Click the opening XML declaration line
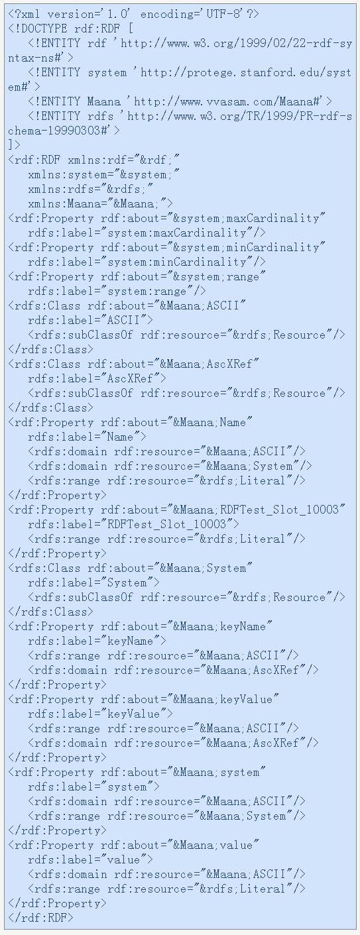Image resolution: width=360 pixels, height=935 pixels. click(x=133, y=14)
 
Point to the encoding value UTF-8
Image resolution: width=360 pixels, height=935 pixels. click(x=225, y=14)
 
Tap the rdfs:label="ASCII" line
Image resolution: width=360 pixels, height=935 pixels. click(x=90, y=320)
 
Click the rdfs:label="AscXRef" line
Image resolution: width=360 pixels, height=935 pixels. click(x=97, y=378)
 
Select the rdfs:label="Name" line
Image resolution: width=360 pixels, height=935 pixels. click(x=87, y=437)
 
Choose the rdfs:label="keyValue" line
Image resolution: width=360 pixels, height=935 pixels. click(x=100, y=714)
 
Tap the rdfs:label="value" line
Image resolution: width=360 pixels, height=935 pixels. click(x=90, y=859)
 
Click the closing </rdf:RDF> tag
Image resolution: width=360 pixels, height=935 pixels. click(x=40, y=918)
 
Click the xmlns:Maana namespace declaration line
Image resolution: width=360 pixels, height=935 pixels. click(x=100, y=203)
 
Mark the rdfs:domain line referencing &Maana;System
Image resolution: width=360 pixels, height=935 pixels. click(x=170, y=467)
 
